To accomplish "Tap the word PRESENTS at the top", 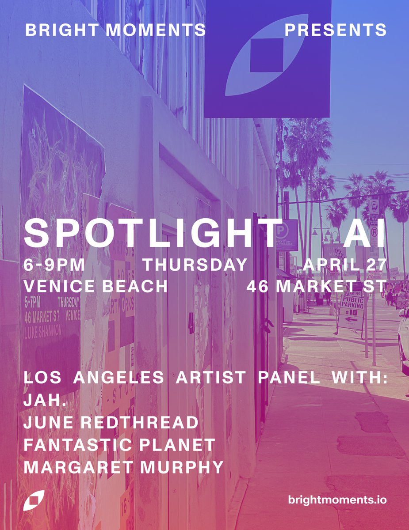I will coord(335,30).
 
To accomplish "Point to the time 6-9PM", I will coord(54,265).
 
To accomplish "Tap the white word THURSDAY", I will coord(195,265).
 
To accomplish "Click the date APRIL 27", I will coord(344,265).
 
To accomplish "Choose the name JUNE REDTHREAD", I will coord(111,423).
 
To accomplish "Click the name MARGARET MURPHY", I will coord(123,467).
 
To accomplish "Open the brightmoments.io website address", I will coord(337,500).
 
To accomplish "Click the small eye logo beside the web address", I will coord(34,500).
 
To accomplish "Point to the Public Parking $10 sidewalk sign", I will coord(351,312).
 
